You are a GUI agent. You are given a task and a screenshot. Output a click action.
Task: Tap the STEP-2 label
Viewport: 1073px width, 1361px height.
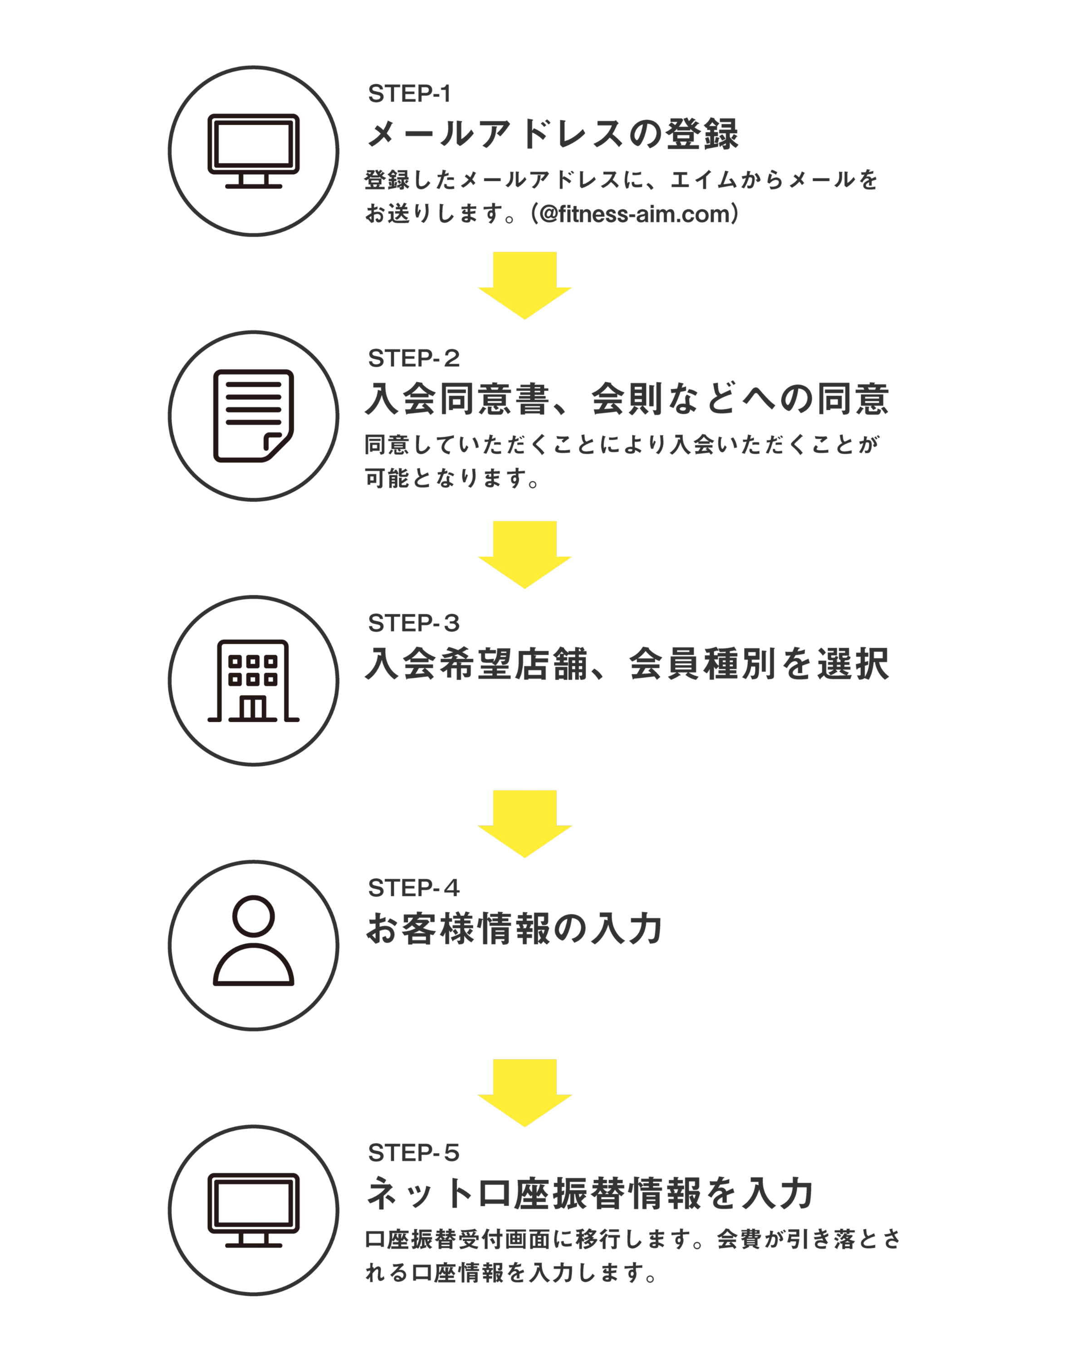[413, 358]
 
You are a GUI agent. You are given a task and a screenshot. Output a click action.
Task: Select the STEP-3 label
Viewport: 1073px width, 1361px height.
[413, 624]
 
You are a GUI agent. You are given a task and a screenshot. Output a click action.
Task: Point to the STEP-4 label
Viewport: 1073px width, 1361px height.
[413, 888]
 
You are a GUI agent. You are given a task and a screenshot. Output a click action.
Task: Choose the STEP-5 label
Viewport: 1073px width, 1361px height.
[413, 1152]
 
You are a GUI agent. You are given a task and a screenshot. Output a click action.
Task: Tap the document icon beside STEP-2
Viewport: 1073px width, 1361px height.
[253, 416]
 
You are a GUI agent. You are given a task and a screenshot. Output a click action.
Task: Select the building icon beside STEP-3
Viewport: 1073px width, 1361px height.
[253, 681]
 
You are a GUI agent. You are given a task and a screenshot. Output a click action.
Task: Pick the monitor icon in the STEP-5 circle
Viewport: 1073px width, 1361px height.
[253, 1209]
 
